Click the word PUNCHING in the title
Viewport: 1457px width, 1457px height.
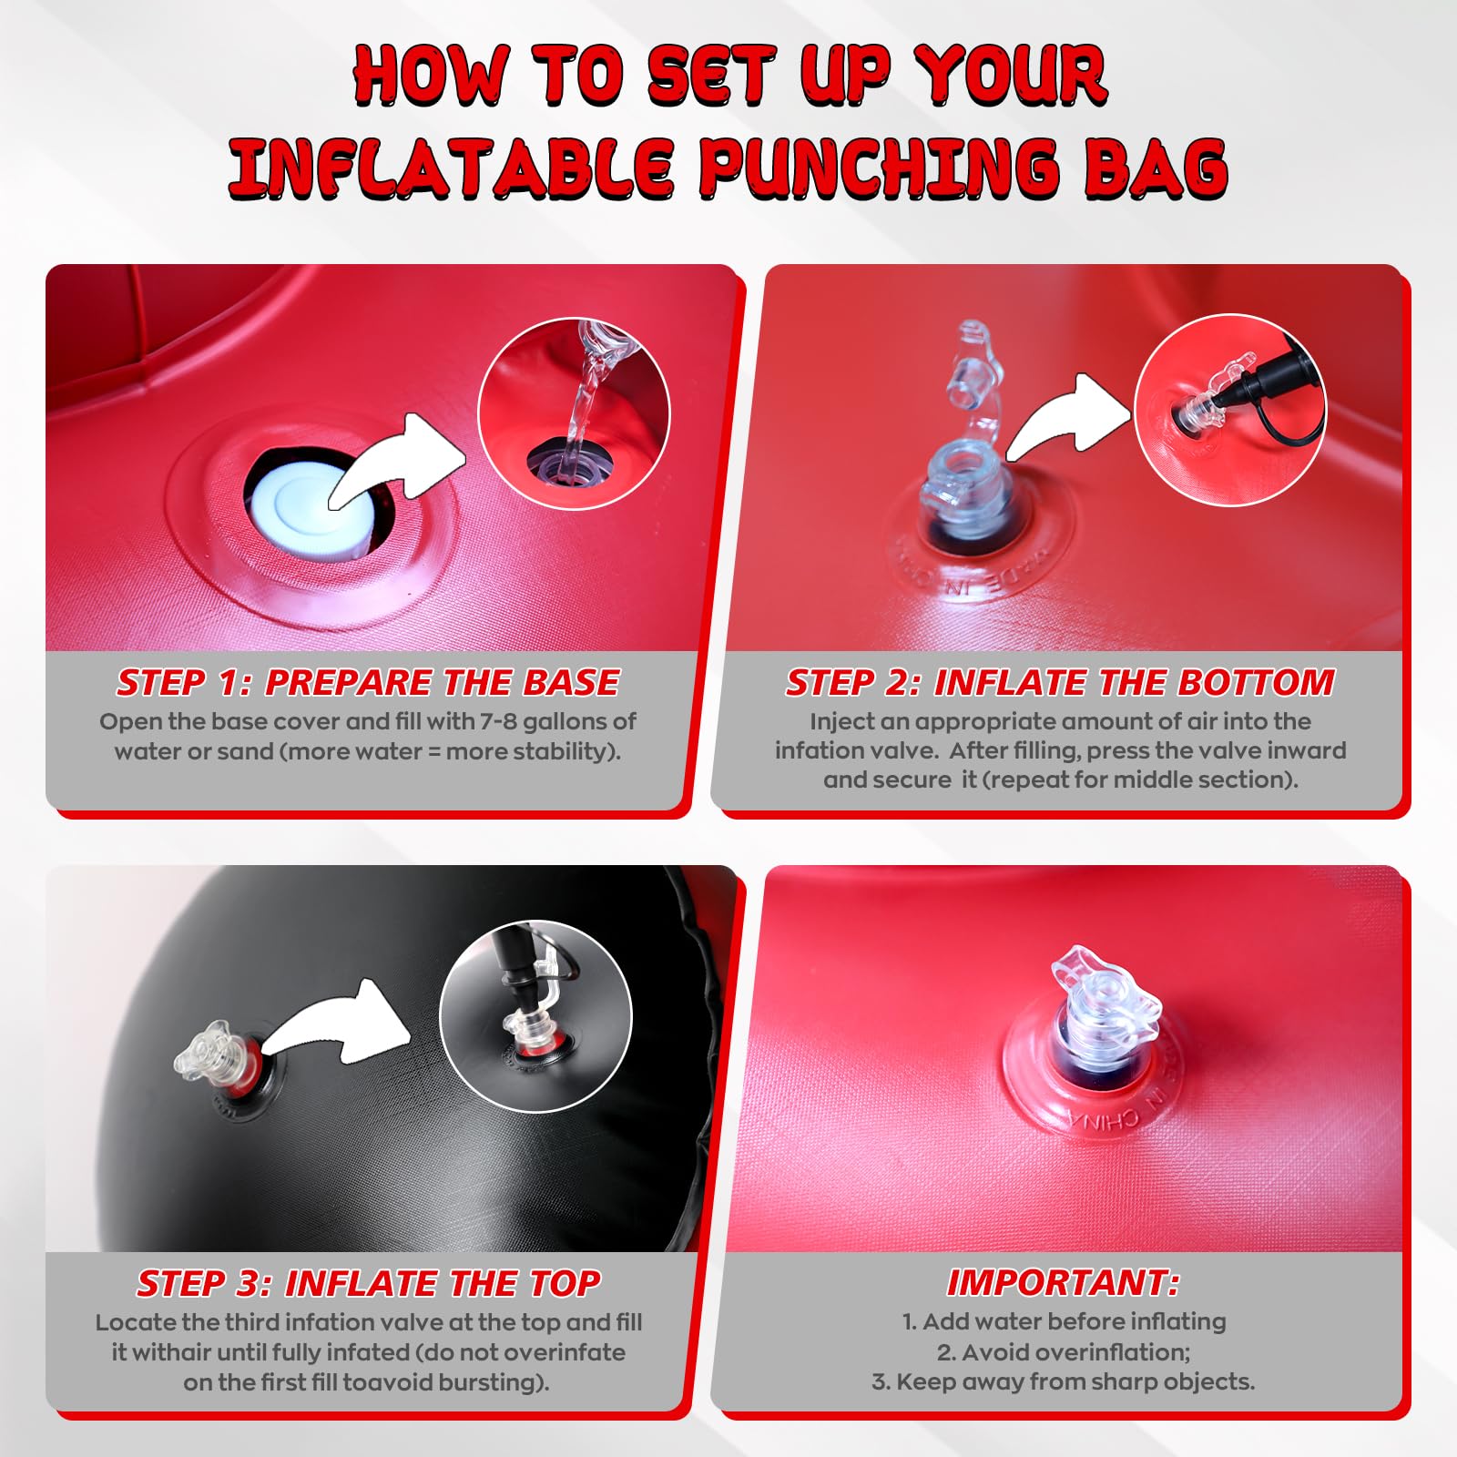(x=880, y=168)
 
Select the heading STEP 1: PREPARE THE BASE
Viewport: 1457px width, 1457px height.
(x=368, y=682)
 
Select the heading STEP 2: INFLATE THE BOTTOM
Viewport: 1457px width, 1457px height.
(x=1060, y=682)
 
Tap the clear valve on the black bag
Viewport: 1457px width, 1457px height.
(x=213, y=1053)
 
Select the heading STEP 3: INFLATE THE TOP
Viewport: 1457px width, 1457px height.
(x=368, y=1283)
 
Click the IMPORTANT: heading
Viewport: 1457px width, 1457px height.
(x=1064, y=1282)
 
